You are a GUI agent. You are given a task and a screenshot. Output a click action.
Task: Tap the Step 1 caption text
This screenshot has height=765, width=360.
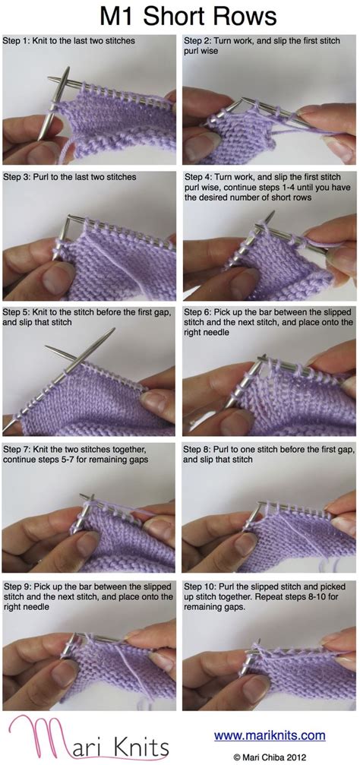coord(69,40)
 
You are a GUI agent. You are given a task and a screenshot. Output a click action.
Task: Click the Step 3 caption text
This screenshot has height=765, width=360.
coord(69,177)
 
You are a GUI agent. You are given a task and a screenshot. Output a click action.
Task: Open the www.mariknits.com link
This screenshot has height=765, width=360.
coord(269,735)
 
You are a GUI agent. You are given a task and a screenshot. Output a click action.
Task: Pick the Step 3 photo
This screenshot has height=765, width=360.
coord(90,242)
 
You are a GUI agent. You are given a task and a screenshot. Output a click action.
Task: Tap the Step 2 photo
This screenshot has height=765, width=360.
coord(270,111)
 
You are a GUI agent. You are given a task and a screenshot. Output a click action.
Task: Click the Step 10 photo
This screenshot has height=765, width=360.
coord(270,661)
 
